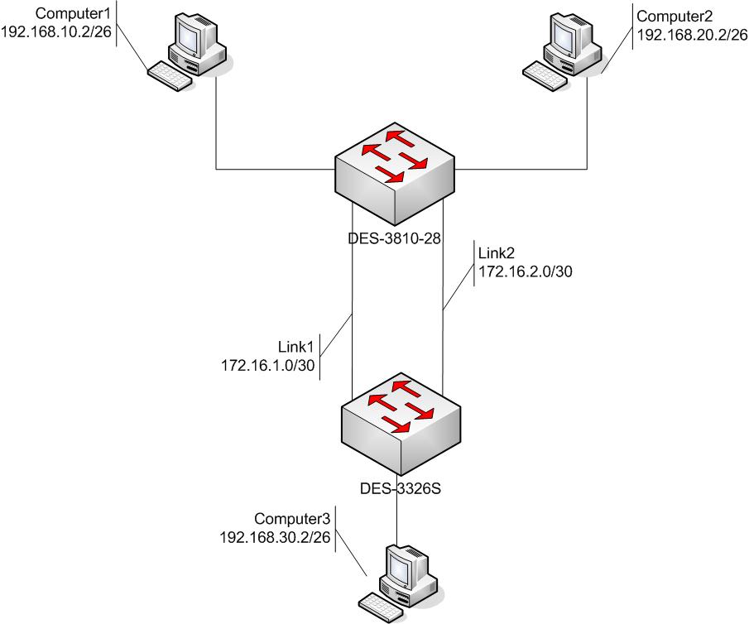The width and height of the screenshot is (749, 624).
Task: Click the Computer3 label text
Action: (292, 519)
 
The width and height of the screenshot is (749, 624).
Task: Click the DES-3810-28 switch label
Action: (392, 238)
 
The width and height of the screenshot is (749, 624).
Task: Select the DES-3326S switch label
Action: (400, 487)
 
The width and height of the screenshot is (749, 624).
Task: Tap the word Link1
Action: (294, 345)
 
